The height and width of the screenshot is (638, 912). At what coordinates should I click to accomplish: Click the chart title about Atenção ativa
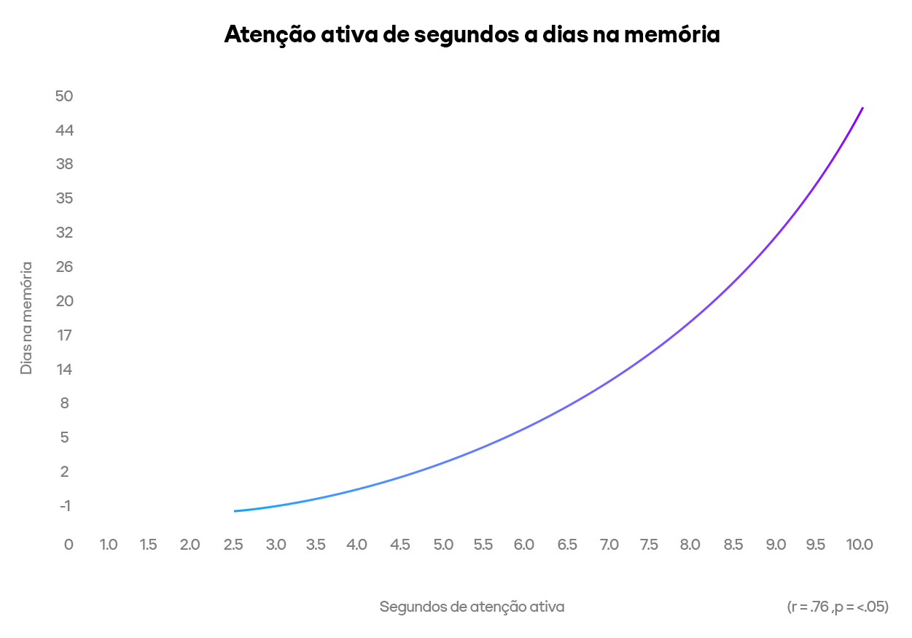(x=472, y=35)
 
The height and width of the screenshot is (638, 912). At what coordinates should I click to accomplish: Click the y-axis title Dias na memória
(x=26, y=318)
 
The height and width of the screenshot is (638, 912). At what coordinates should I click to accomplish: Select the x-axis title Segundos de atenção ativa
(x=472, y=607)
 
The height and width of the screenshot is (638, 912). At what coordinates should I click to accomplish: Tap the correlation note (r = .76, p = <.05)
(x=838, y=607)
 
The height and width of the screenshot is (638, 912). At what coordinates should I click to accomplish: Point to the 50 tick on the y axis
(x=64, y=96)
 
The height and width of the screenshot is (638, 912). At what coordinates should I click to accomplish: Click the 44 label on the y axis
(x=64, y=131)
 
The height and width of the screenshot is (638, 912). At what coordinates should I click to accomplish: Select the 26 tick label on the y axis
(x=64, y=267)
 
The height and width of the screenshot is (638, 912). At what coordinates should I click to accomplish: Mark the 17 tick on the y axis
(x=64, y=335)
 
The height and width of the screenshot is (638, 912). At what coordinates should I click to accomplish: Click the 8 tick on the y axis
(x=64, y=403)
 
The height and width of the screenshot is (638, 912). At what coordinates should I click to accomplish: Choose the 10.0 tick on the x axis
(x=860, y=545)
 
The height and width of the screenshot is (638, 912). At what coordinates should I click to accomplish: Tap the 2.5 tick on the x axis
(x=233, y=545)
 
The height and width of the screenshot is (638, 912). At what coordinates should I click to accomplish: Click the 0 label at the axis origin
(x=69, y=545)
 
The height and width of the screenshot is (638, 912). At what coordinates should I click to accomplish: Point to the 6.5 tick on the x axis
(x=567, y=545)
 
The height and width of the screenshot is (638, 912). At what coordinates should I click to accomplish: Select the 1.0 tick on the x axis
(x=109, y=545)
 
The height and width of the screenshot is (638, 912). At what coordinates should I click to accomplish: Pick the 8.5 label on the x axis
(x=733, y=545)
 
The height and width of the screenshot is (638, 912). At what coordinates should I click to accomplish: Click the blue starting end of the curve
(x=235, y=510)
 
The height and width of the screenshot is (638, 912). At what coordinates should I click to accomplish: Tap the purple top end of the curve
(x=862, y=108)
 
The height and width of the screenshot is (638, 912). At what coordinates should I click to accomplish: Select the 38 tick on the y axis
(x=64, y=164)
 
